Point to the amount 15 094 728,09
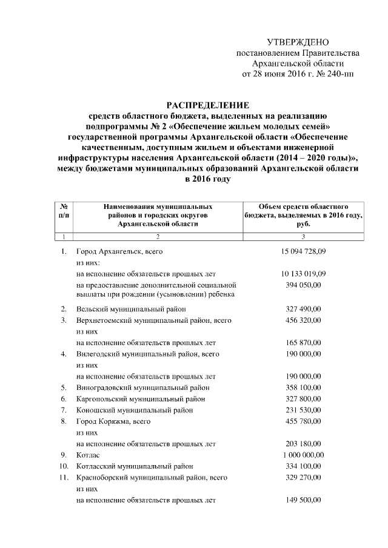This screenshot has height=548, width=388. point(303,250)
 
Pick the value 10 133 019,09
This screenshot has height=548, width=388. point(303,273)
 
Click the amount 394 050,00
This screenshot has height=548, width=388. point(303,285)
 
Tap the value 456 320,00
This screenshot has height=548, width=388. point(303,320)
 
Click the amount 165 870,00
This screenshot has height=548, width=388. point(303,342)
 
